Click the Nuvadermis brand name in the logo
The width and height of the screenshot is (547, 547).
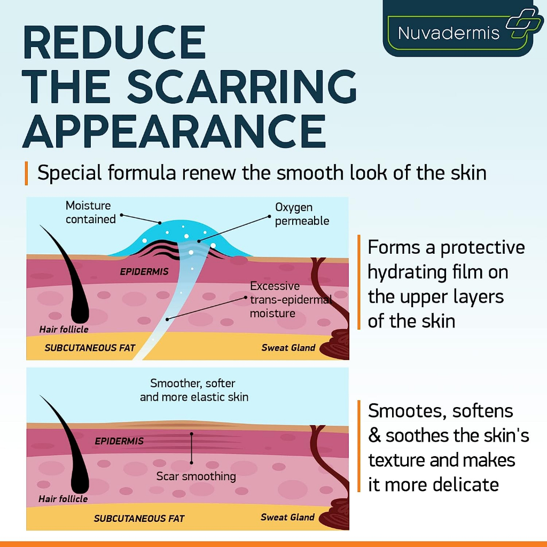tap(448, 33)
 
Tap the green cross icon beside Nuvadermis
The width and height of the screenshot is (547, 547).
tap(524, 23)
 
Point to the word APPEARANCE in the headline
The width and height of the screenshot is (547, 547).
tap(174, 131)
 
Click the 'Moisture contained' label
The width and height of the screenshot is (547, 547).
tap(91, 212)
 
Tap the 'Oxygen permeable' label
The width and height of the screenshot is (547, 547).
tap(302, 214)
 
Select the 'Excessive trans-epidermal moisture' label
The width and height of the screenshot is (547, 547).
tap(291, 299)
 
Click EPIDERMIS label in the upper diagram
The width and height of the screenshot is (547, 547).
tap(144, 271)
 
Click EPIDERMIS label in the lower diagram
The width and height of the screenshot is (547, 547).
tap(119, 441)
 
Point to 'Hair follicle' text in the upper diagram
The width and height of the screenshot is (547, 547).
tap(64, 329)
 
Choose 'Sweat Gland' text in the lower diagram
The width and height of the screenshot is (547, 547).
tap(287, 517)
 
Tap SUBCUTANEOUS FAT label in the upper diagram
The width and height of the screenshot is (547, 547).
tap(90, 347)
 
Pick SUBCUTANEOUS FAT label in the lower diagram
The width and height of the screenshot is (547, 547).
tap(139, 518)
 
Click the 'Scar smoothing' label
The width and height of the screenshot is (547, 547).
tap(196, 476)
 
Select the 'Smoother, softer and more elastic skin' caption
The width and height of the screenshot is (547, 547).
tap(194, 390)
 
